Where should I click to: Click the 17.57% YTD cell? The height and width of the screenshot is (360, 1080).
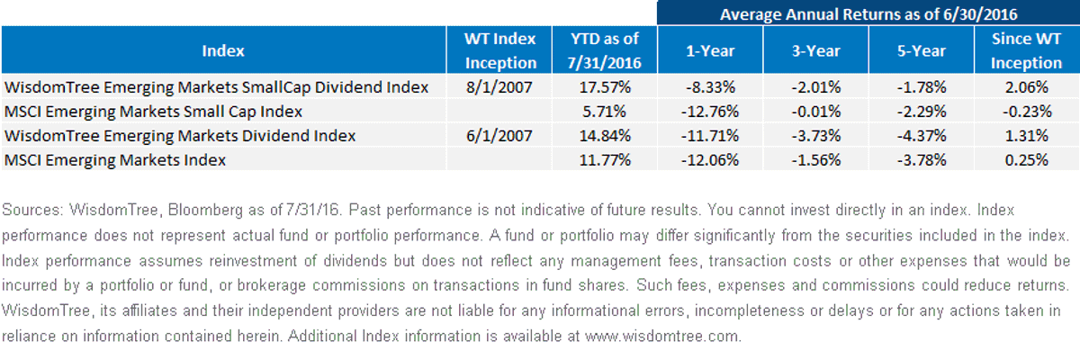(605, 87)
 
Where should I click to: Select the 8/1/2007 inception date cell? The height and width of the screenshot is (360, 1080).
(499, 87)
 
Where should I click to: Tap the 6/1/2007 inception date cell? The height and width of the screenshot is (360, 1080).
(499, 136)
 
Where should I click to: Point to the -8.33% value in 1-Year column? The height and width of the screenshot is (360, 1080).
(710, 87)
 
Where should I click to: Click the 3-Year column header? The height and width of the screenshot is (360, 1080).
(815, 50)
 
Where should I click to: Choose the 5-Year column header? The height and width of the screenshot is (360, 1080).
(922, 50)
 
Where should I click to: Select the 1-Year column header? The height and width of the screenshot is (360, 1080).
(710, 50)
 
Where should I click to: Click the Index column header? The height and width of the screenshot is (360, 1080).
(223, 50)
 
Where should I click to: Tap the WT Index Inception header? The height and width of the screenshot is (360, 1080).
(500, 50)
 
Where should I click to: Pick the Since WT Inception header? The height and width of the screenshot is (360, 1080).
(1027, 50)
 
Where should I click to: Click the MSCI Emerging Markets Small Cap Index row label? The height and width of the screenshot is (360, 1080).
(153, 112)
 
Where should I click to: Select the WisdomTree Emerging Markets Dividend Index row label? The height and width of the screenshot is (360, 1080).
(180, 136)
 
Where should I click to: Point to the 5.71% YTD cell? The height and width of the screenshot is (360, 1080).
(604, 112)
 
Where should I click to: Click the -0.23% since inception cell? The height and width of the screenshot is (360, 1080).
(1027, 112)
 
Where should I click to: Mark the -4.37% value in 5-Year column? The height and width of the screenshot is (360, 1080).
(922, 136)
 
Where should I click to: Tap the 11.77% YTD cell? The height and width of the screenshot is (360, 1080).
(605, 160)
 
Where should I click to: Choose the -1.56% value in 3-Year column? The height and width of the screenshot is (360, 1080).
(815, 160)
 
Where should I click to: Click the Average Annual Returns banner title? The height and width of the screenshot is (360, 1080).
(868, 14)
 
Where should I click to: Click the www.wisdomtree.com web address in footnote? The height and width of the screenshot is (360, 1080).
(661, 336)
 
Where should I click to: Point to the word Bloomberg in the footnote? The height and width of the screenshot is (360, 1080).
(205, 211)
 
